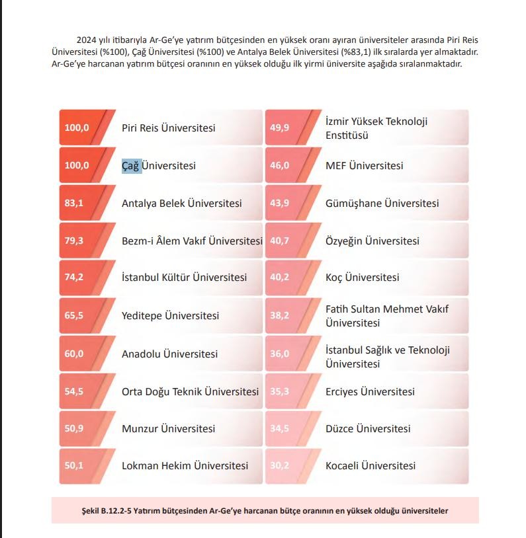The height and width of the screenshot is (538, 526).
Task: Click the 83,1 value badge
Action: (x=74, y=204)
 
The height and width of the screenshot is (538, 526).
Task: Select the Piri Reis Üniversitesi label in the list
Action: (x=168, y=128)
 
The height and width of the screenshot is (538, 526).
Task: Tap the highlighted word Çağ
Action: (x=132, y=166)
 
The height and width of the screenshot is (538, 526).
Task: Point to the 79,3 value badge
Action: (x=74, y=241)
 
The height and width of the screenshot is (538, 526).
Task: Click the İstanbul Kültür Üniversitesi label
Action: (x=184, y=278)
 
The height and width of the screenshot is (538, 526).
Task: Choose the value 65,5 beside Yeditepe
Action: (x=74, y=316)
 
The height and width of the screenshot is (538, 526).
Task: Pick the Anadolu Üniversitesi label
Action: (x=169, y=354)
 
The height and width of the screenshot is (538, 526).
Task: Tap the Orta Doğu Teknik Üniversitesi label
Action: (x=190, y=392)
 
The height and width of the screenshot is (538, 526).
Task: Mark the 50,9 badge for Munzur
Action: (x=74, y=429)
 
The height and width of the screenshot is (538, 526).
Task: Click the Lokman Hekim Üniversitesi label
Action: (x=185, y=466)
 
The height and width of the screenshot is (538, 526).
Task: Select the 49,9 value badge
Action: (x=279, y=128)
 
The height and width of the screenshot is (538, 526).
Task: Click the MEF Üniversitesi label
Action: (x=364, y=166)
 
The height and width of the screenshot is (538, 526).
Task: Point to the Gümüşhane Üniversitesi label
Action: (x=382, y=204)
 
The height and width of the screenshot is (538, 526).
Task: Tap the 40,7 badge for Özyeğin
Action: (x=279, y=241)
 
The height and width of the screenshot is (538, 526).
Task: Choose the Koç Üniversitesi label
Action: (x=362, y=278)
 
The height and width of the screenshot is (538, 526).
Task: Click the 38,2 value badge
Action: (x=279, y=316)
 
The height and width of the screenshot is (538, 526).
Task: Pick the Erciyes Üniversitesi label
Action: (x=370, y=392)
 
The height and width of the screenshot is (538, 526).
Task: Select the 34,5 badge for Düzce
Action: (x=279, y=429)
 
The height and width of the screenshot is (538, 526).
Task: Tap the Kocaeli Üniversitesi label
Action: (x=371, y=466)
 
